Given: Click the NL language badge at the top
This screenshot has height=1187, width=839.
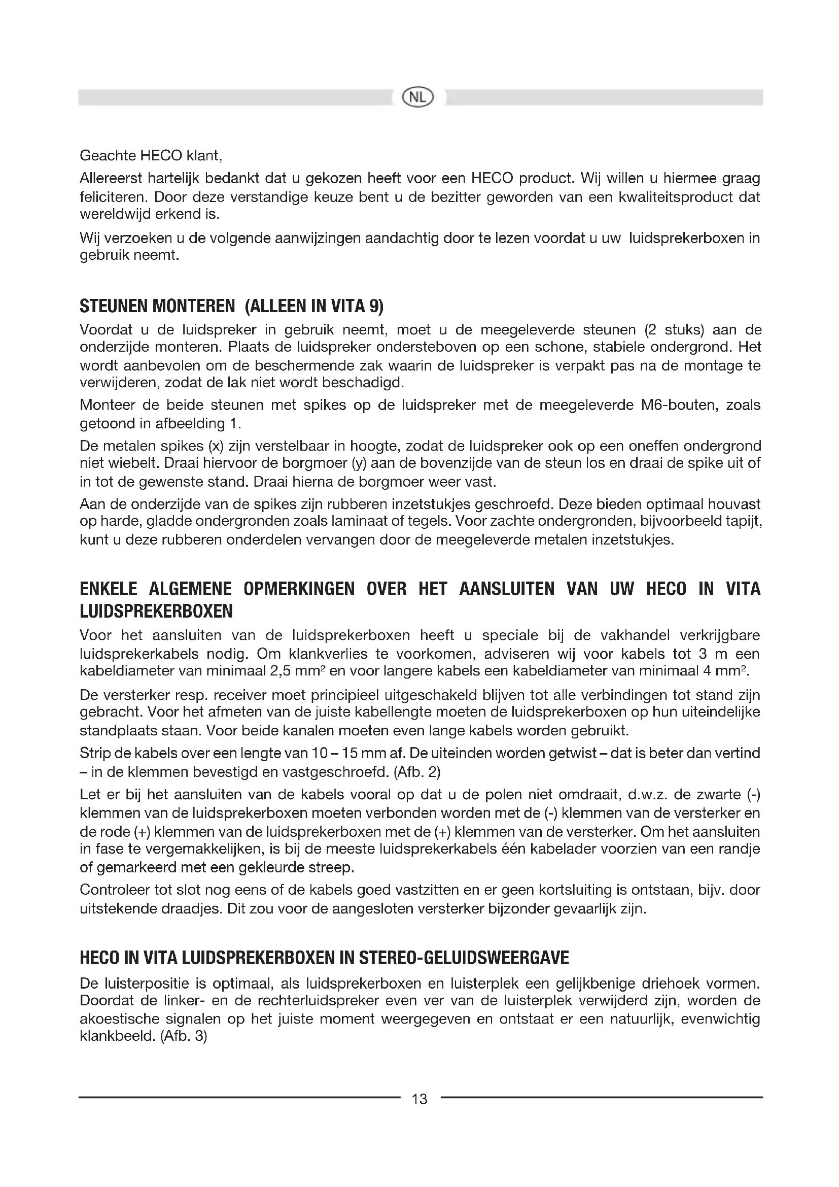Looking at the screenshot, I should (x=418, y=97).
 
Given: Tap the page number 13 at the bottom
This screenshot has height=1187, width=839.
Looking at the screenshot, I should (x=419, y=1099).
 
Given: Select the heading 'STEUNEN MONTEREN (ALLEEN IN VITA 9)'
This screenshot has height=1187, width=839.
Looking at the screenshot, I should (x=231, y=307).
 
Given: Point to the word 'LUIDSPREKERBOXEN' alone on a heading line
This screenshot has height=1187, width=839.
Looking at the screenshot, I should (x=156, y=612).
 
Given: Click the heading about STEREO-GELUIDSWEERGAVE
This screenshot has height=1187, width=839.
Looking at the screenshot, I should (x=324, y=958).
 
